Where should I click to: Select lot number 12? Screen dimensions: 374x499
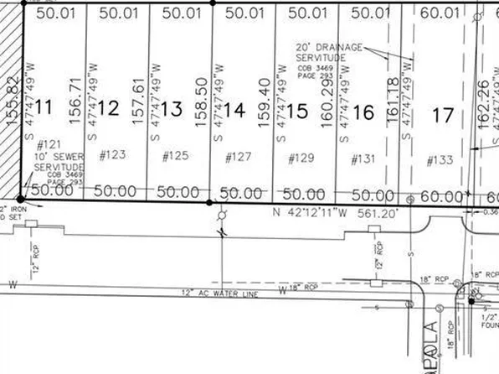[x=108, y=108]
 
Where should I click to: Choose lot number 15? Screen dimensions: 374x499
[x=297, y=110]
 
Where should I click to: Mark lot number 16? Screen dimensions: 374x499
[x=363, y=111]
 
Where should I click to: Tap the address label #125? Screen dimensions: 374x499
[x=175, y=155]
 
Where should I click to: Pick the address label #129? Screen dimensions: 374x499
[x=301, y=158]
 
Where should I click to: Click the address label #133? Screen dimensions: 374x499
[x=439, y=160]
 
